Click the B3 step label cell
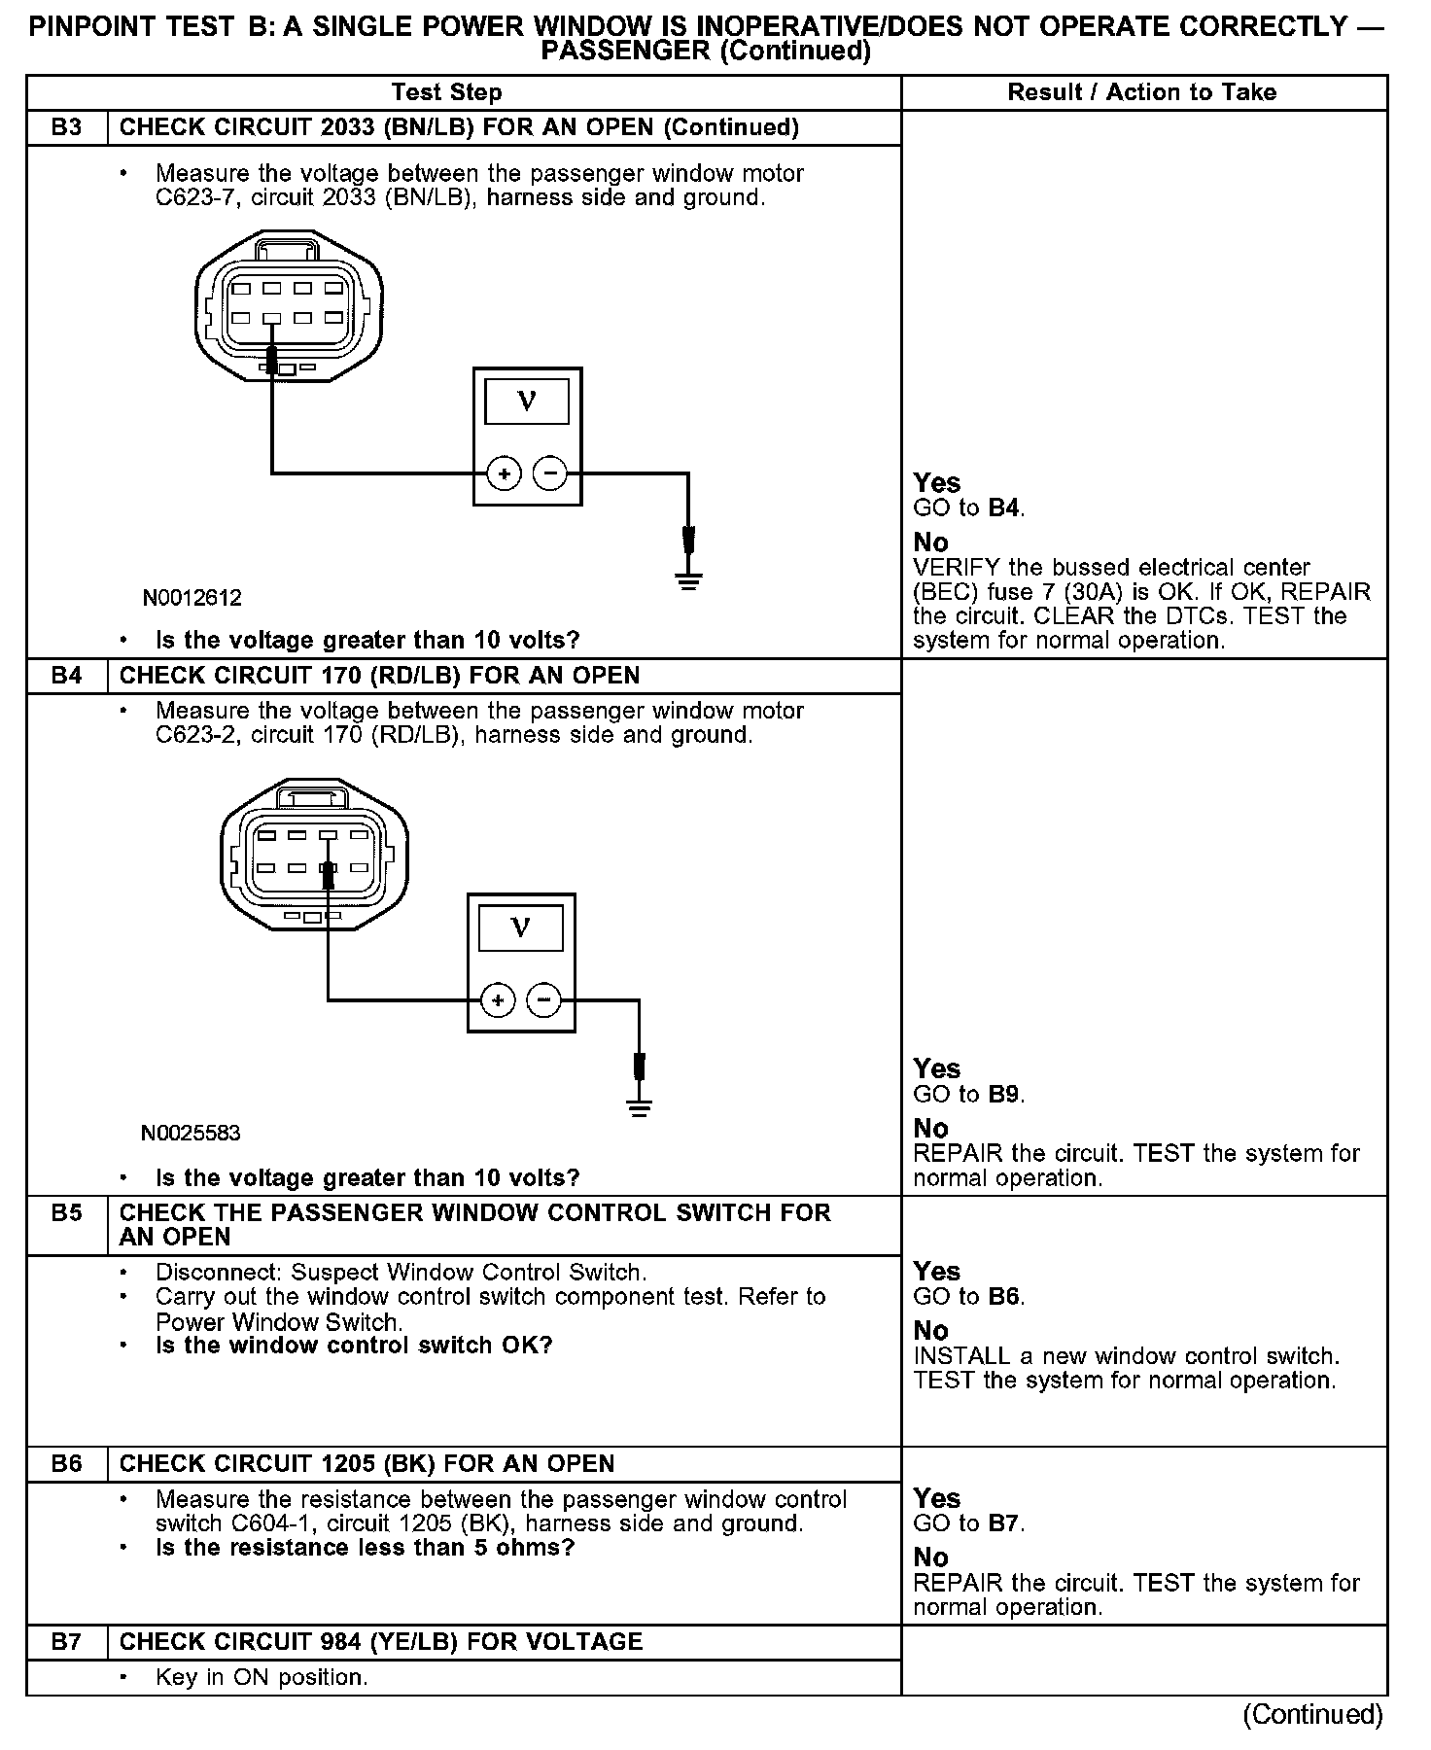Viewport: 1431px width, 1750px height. tap(66, 127)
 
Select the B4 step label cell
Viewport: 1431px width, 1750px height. tap(66, 676)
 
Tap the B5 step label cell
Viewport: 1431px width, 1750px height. tap(66, 1213)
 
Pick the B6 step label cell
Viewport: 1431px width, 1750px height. tap(66, 1464)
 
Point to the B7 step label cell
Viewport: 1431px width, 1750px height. tap(66, 1642)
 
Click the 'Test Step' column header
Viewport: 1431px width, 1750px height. tap(446, 92)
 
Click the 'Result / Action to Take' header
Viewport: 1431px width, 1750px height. tap(1141, 92)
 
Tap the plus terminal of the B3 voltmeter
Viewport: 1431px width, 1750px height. tap(505, 473)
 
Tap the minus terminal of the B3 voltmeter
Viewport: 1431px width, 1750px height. tap(550, 473)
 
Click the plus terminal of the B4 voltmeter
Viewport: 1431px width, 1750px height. tap(498, 999)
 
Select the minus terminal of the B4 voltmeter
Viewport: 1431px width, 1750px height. tap(543, 999)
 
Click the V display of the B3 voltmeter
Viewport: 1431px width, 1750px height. tap(527, 401)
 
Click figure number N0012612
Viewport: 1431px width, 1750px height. tap(192, 598)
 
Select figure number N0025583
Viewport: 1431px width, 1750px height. tap(191, 1133)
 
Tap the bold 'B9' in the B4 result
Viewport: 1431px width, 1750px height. tap(1003, 1095)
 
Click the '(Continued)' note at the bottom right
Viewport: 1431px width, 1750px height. tap(1311, 1715)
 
